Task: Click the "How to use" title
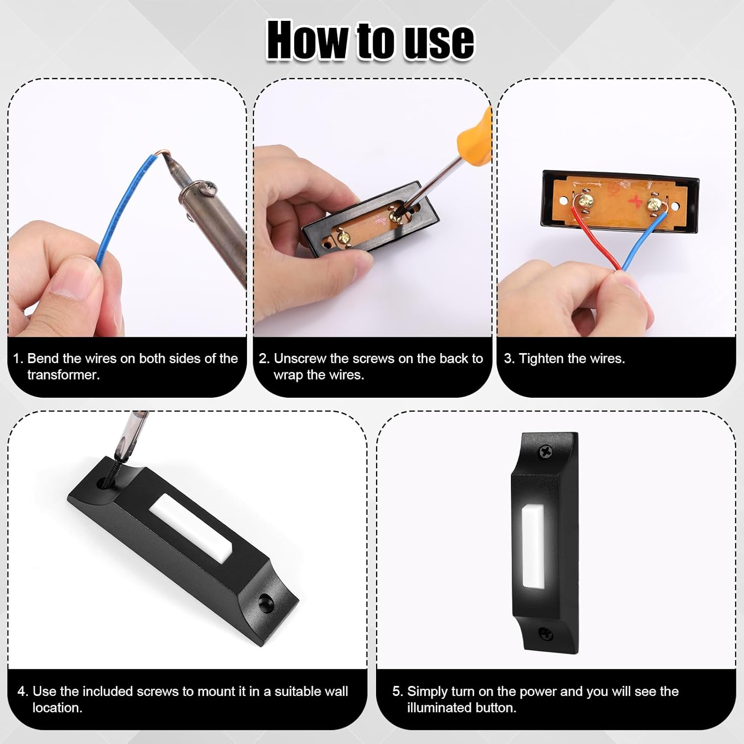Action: tap(371, 41)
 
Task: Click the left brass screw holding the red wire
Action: tap(586, 200)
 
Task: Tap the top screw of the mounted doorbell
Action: tap(546, 451)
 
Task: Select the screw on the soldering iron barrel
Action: tap(209, 188)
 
